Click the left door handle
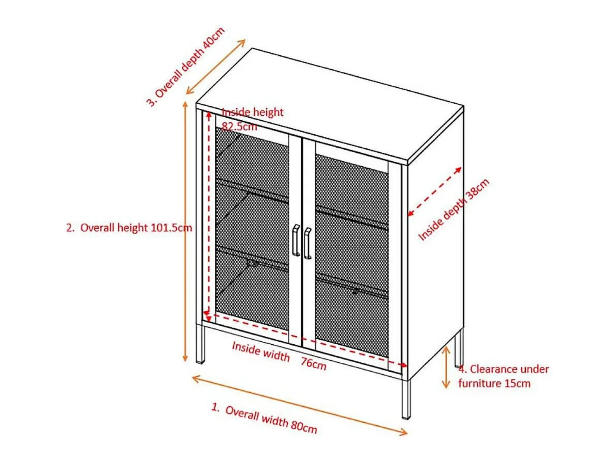(296, 240)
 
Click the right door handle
(307, 243)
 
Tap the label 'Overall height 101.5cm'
(136, 227)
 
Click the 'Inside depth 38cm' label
(454, 209)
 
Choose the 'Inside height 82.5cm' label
(252, 119)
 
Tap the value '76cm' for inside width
(313, 364)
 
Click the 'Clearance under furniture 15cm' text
(503, 376)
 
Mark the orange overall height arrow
(185, 231)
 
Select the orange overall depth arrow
(216, 67)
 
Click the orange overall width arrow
(299, 405)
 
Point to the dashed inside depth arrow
(435, 191)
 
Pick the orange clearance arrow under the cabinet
(446, 367)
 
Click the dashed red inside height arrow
(208, 216)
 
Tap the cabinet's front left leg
(200, 343)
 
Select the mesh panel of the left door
(252, 229)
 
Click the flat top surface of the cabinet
(330, 105)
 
